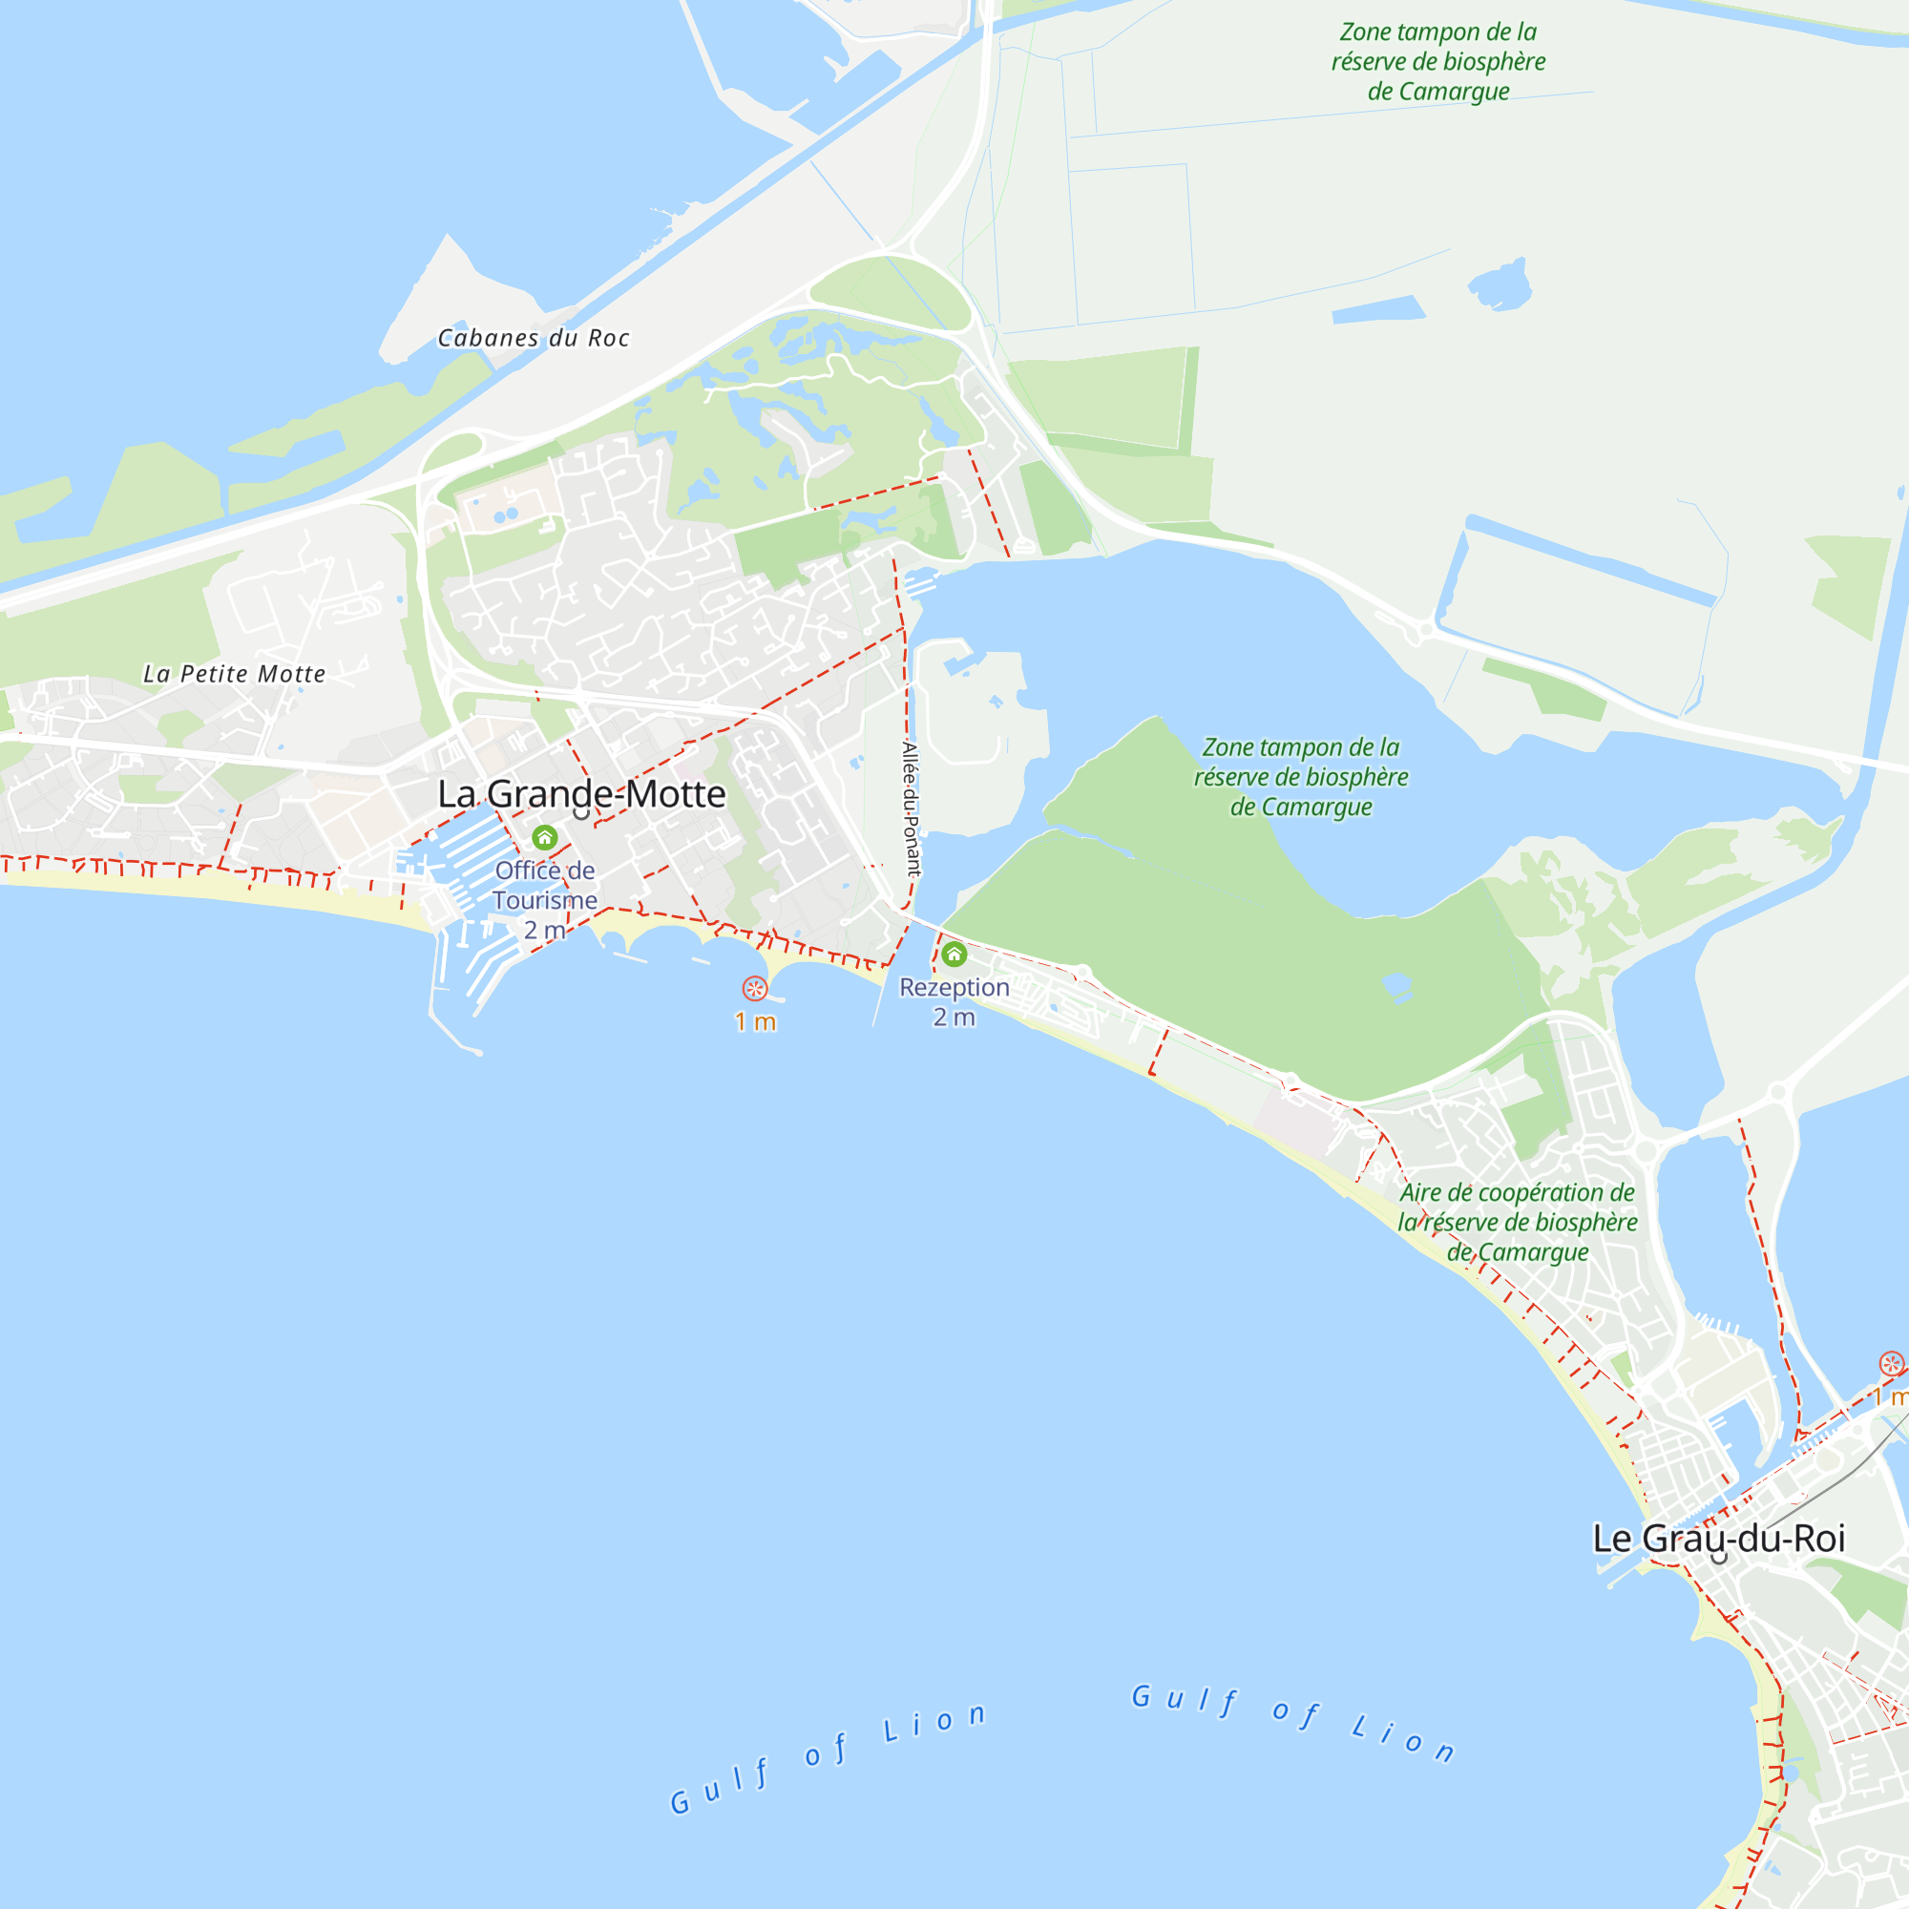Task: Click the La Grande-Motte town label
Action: click(581, 794)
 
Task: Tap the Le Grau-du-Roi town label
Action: click(1718, 1539)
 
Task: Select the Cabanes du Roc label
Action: click(534, 338)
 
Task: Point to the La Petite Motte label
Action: click(234, 674)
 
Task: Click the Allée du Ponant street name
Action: click(911, 808)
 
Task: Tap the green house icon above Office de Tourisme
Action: click(544, 838)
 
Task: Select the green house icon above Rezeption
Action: click(954, 954)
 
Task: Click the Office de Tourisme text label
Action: click(544, 886)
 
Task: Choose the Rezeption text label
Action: click(954, 987)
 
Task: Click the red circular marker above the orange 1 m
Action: click(755, 988)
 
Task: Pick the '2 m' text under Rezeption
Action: click(954, 1017)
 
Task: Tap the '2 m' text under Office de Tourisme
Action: click(544, 930)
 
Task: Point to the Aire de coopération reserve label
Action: click(1517, 1223)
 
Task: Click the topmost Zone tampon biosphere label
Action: click(1437, 62)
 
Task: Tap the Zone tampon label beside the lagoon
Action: click(1300, 777)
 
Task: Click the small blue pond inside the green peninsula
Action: click(1396, 984)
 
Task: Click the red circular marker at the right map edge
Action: click(1891, 1364)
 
